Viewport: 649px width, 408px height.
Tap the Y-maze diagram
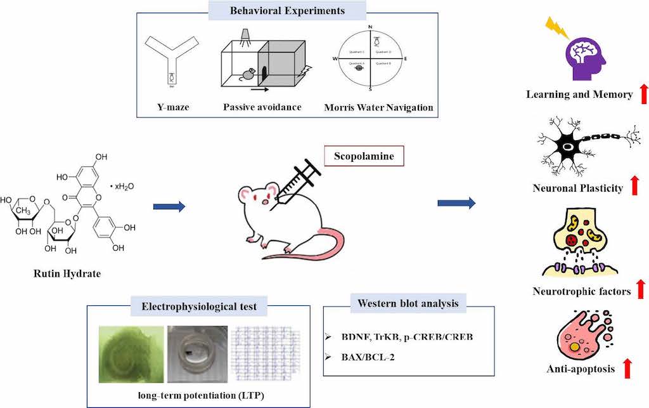point(170,61)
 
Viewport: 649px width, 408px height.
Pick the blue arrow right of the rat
point(456,203)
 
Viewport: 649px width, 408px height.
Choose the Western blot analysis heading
point(408,303)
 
